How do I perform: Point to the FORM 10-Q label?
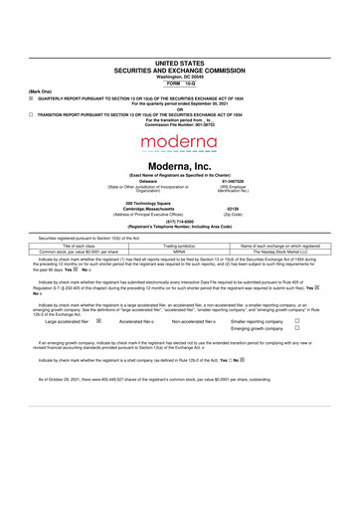(180, 82)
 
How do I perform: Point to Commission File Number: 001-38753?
(179, 125)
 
